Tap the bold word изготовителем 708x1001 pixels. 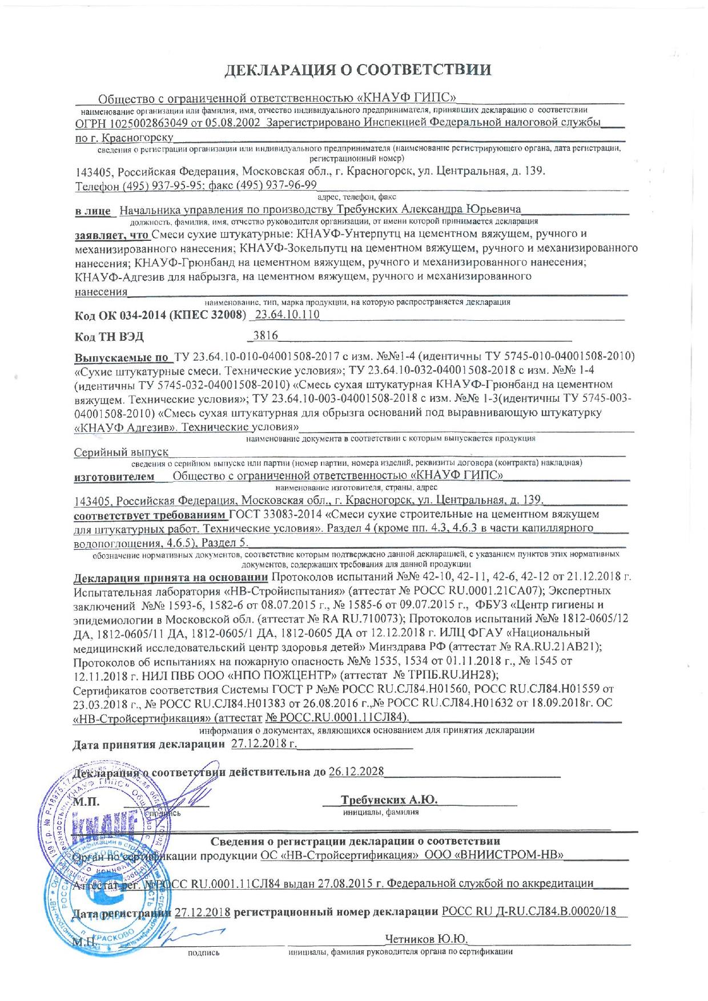coord(114,475)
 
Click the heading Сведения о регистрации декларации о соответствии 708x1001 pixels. coord(356,841)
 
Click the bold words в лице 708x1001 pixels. coord(93,211)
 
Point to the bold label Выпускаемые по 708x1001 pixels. coord(122,357)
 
